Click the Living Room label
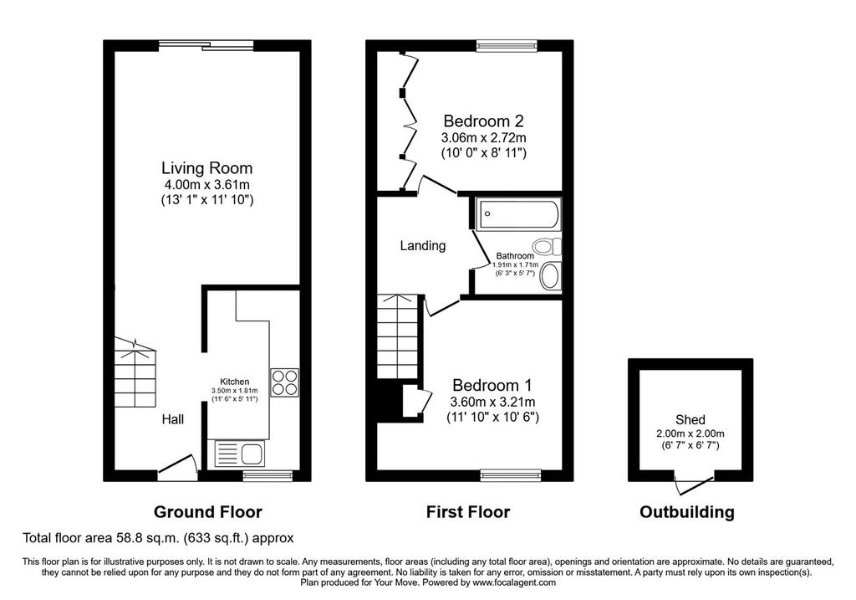(x=207, y=167)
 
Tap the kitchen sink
(x=240, y=454)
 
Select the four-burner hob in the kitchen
(x=285, y=382)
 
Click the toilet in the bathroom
(x=548, y=247)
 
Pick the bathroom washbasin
(x=550, y=276)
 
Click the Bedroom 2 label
(x=484, y=121)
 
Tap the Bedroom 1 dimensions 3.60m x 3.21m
(x=492, y=403)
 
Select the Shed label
(x=690, y=420)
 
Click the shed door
(x=695, y=484)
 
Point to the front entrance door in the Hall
(x=178, y=468)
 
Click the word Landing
(x=422, y=246)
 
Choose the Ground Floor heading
(x=208, y=512)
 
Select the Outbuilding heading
(x=687, y=512)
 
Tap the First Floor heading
(x=468, y=512)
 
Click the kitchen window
(x=268, y=475)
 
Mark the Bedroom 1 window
(x=511, y=475)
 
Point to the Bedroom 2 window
(x=507, y=46)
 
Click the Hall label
(x=172, y=419)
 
